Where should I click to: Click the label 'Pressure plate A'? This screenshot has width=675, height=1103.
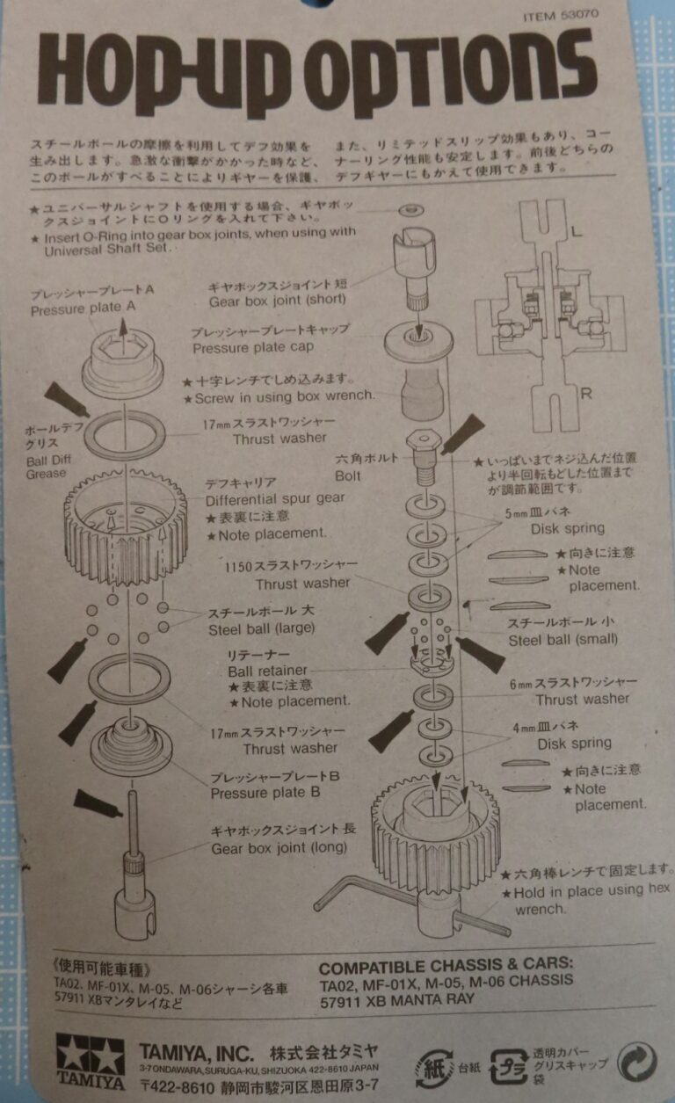[83, 309]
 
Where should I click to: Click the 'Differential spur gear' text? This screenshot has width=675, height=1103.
[275, 498]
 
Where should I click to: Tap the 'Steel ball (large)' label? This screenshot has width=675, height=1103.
[261, 629]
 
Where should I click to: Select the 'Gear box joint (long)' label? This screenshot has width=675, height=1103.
[279, 848]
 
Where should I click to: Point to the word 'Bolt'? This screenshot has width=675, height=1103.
[348, 475]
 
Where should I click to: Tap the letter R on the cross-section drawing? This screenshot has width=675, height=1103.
[585, 393]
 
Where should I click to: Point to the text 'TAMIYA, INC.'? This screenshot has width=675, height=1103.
[196, 1052]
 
